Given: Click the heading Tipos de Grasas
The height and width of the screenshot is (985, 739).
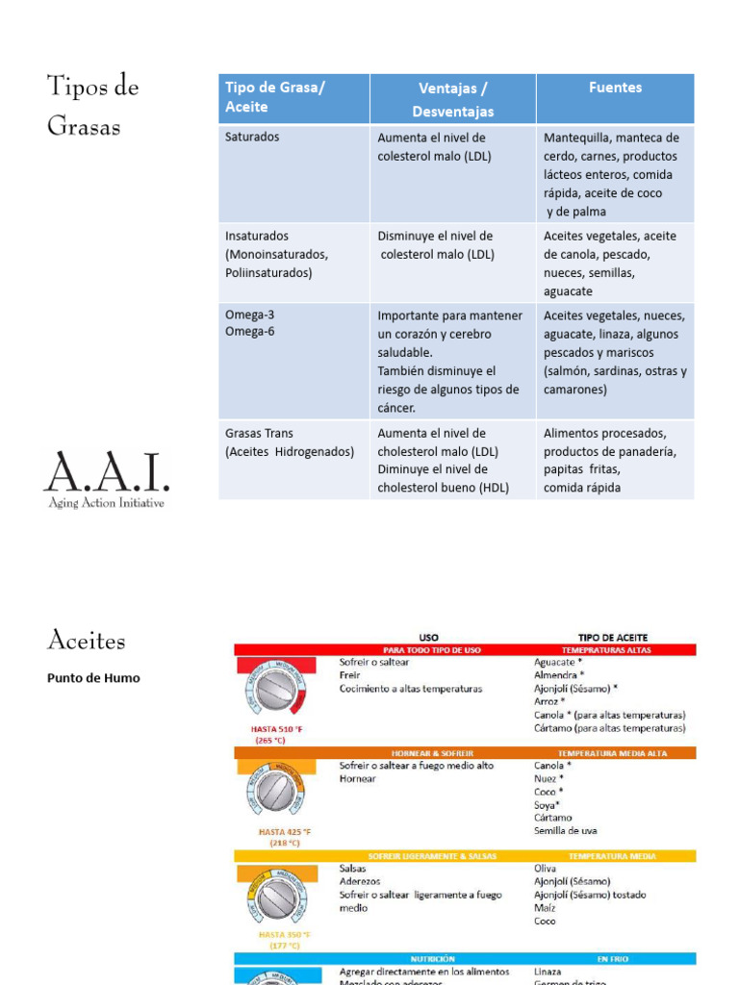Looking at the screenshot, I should pos(93,105).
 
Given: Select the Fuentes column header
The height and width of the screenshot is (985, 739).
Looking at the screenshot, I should pos(615,88).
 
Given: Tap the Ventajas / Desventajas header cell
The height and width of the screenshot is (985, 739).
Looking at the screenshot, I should pos(452,99).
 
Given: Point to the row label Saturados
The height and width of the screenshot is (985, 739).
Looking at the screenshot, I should pos(252,137).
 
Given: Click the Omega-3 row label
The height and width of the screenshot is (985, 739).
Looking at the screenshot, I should pos(250,316).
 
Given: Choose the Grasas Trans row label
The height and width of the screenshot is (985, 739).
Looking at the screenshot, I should pos(259,433).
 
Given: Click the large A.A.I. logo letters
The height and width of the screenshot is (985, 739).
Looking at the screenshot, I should pos(106,472).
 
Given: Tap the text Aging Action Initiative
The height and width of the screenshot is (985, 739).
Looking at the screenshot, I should pos(106,503).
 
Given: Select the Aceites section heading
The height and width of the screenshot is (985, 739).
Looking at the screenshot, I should pos(87,641).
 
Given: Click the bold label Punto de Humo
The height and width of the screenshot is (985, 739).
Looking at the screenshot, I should pos(93,678).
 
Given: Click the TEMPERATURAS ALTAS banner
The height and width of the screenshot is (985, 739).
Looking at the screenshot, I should pos(612,650).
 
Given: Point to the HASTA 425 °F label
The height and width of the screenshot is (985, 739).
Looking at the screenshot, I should pos(285,832).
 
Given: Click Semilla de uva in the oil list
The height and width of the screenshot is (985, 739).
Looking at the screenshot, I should pos(565,831).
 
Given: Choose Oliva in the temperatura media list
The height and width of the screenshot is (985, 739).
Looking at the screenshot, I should pos(545,869).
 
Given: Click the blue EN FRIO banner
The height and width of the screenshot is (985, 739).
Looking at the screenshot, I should pos(612,959).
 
